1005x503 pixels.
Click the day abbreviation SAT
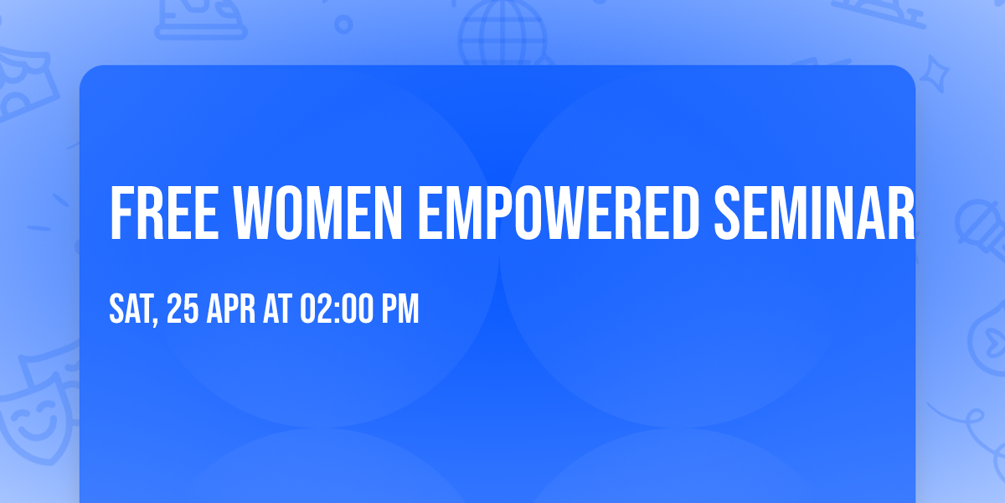coord(130,310)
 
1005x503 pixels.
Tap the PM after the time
coord(400,310)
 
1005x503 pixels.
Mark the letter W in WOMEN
coord(243,214)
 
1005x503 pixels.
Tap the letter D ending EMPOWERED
coord(683,214)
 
